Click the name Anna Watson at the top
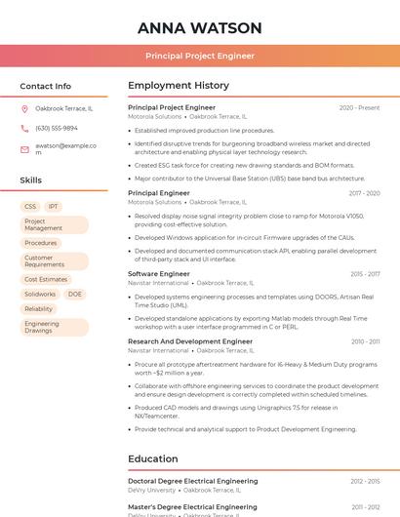tap(200, 27)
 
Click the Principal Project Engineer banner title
tap(200, 56)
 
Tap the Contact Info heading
tap(46, 86)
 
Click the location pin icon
tap(24, 108)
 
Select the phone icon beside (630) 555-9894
tap(24, 128)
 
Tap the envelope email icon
tap(24, 148)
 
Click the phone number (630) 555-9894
tap(57, 128)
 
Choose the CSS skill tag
tap(30, 207)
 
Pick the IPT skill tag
tap(54, 207)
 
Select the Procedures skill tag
tap(41, 243)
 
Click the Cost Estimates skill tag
tap(46, 279)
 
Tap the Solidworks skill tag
tap(40, 294)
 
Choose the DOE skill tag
tap(75, 294)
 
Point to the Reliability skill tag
tap(39, 308)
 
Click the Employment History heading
tap(179, 86)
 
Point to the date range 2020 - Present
tap(359, 107)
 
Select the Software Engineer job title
tap(159, 274)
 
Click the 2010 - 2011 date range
tap(365, 341)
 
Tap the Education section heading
tap(153, 458)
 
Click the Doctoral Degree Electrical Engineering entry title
tap(192, 481)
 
